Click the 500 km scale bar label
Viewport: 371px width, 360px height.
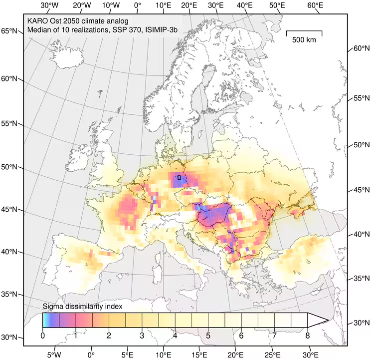(304, 40)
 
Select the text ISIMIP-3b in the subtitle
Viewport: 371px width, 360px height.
(160, 30)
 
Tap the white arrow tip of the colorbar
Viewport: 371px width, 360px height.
(319, 320)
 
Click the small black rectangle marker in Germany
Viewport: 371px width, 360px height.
(179, 177)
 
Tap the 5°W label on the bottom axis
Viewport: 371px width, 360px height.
(54, 355)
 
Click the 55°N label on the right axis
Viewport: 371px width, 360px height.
(361, 98)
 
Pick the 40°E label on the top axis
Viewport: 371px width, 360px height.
(244, 5)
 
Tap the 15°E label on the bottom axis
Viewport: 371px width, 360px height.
(199, 355)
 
